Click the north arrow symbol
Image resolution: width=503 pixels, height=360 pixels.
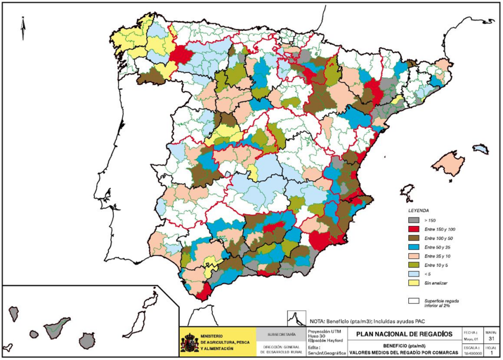click(x=23, y=28)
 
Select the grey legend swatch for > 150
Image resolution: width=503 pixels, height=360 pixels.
click(x=414, y=220)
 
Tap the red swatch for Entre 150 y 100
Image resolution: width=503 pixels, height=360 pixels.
click(x=414, y=229)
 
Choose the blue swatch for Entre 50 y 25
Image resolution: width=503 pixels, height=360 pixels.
click(x=414, y=247)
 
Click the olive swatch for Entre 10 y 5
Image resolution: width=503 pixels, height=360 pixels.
click(x=414, y=265)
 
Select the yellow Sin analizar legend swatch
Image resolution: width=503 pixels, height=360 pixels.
click(x=414, y=283)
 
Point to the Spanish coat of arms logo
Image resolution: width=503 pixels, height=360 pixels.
click(x=189, y=342)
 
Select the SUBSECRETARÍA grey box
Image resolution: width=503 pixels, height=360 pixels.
click(x=281, y=334)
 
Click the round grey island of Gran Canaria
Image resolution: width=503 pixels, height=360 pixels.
click(x=86, y=340)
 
